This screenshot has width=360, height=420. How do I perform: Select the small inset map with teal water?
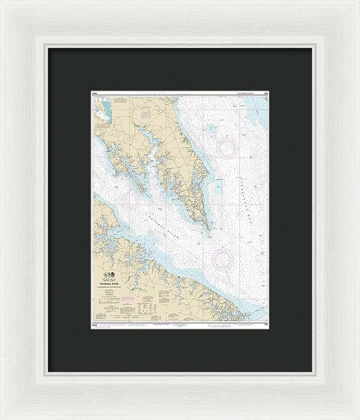point(101,112)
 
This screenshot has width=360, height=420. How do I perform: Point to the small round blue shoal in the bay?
point(210,128)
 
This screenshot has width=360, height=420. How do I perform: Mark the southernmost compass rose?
point(223,258)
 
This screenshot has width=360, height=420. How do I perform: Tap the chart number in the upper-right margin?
point(265,94)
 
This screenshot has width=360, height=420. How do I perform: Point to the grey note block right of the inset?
point(120,106)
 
